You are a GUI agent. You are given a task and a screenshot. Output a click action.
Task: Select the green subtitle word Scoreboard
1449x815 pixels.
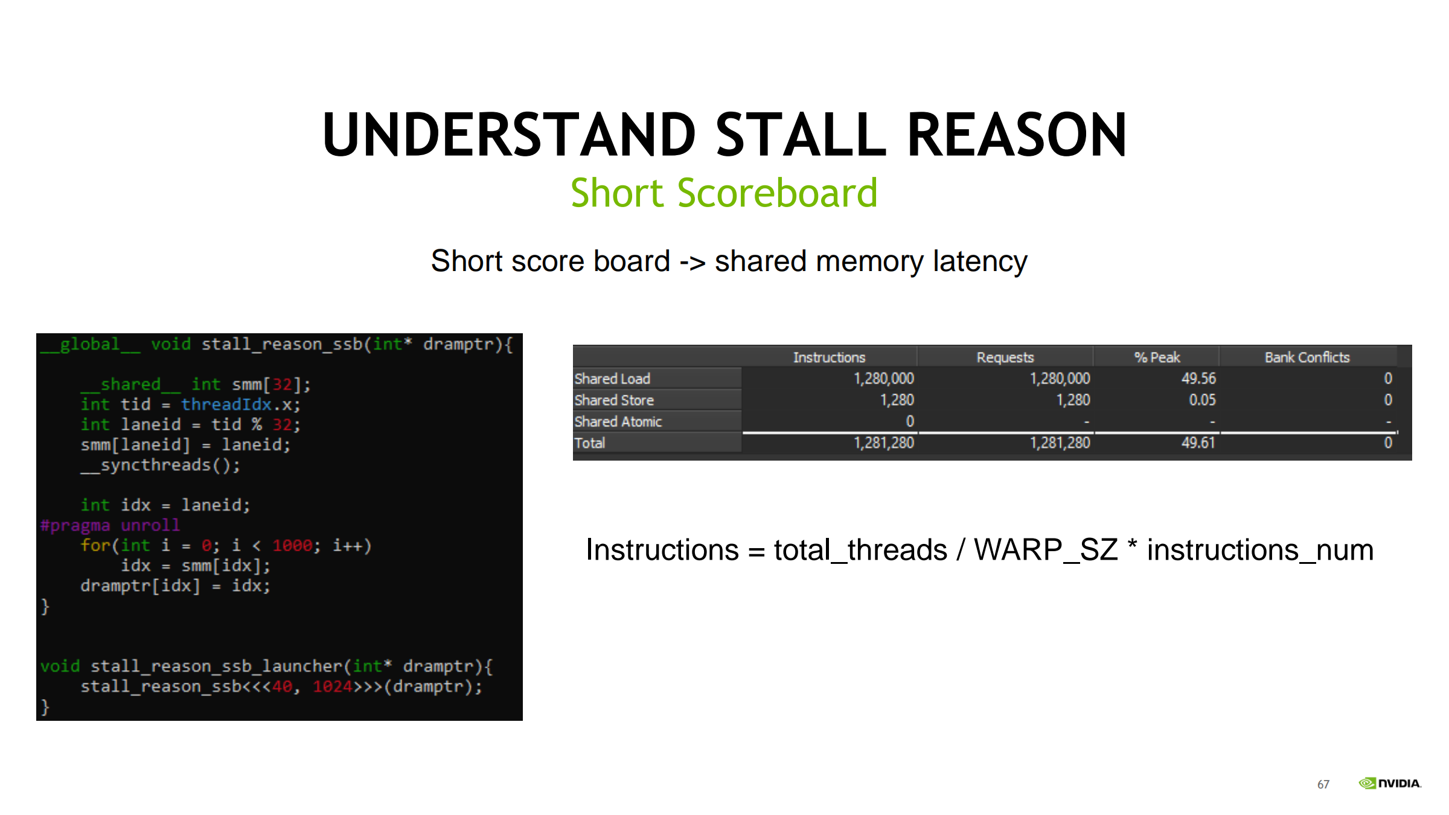777,193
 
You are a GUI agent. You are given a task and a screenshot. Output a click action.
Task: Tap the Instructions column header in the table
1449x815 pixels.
829,357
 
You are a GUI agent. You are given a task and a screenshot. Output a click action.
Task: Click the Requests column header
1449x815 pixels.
1005,357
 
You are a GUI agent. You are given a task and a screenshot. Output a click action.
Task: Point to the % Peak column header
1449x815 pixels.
1157,357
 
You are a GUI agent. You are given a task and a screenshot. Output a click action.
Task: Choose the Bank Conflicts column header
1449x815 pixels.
1307,357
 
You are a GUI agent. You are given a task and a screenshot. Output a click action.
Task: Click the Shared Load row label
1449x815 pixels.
612,379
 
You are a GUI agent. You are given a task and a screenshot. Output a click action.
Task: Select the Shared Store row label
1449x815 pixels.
614,400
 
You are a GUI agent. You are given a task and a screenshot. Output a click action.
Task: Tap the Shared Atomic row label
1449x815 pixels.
618,421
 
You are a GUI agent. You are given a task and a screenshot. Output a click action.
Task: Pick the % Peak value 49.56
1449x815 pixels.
1198,379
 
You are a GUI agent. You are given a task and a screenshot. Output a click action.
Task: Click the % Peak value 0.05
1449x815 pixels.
1202,400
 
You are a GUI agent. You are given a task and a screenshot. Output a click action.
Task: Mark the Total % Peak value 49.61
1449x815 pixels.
1198,443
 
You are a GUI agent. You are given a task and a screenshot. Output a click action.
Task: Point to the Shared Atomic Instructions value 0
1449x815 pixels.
910,421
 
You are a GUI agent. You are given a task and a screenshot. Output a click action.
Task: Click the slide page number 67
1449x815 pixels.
1323,784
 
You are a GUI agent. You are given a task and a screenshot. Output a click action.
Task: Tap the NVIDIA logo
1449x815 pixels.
1390,783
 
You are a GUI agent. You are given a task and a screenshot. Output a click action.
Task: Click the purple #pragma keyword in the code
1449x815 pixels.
75,525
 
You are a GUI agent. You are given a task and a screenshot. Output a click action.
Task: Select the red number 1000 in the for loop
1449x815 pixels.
292,546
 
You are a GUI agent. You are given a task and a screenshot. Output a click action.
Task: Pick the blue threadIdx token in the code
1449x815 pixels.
226,404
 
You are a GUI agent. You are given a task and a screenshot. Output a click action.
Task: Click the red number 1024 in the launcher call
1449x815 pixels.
333,686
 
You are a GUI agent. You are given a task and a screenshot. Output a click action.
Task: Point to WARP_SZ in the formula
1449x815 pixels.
1046,550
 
